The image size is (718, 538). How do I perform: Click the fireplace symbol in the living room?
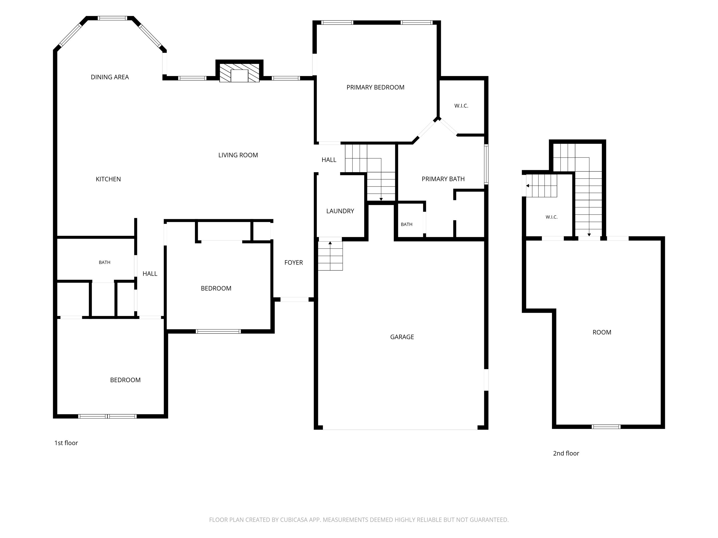click(239, 73)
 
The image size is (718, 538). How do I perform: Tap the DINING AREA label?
click(110, 77)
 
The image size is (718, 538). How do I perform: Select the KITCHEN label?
click(108, 179)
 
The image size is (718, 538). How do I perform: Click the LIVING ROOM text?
click(238, 155)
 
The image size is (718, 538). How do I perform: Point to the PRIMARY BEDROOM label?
click(375, 88)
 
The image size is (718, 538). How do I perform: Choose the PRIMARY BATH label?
click(443, 179)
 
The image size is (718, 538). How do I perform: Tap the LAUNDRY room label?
click(340, 211)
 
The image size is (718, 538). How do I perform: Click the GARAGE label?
click(402, 337)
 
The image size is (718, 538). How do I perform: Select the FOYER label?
click(294, 263)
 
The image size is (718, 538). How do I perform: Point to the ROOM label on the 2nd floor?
click(602, 332)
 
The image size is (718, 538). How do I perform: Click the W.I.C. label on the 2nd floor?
click(551, 217)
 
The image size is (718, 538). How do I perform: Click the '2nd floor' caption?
click(566, 453)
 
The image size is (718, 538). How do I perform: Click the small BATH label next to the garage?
click(406, 224)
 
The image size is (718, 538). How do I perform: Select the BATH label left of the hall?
click(105, 262)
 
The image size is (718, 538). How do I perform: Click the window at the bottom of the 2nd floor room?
click(606, 427)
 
